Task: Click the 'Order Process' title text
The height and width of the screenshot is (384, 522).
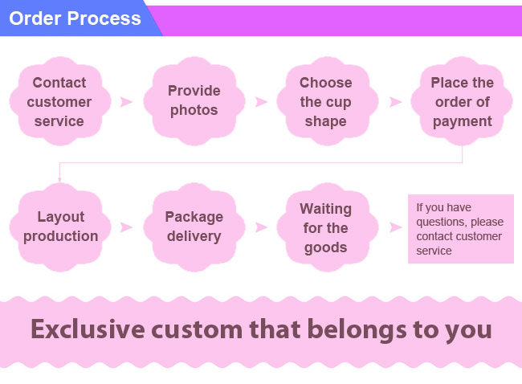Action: tap(75, 18)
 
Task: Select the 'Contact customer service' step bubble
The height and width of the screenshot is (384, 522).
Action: tap(60, 101)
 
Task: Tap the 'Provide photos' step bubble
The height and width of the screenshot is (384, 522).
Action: tap(194, 101)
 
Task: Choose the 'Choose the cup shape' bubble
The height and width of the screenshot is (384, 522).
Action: tap(327, 101)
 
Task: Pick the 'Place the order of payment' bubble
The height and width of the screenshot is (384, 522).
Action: tap(462, 101)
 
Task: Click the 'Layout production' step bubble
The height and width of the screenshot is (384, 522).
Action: tap(60, 227)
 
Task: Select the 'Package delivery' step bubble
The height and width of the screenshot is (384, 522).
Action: tap(194, 227)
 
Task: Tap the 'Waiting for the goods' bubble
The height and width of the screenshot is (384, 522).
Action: tap(327, 227)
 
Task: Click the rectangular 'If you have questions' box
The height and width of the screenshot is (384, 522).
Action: tap(461, 229)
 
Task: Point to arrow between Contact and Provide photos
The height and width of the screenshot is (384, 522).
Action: tap(127, 101)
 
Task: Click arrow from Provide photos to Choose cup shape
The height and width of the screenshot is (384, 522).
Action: tap(261, 101)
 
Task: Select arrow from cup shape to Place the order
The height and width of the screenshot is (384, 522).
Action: tap(395, 101)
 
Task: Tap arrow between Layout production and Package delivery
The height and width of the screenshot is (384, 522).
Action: tap(127, 227)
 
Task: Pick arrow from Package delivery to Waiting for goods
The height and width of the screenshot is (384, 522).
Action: tap(261, 227)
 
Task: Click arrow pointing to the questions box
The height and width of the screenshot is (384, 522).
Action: tap(395, 227)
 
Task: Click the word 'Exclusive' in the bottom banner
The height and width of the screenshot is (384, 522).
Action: tap(88, 329)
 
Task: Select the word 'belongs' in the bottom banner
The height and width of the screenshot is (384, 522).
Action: tap(357, 330)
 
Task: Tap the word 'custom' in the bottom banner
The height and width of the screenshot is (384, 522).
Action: tap(197, 330)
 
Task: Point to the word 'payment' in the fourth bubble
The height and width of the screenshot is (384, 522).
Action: tap(462, 122)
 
